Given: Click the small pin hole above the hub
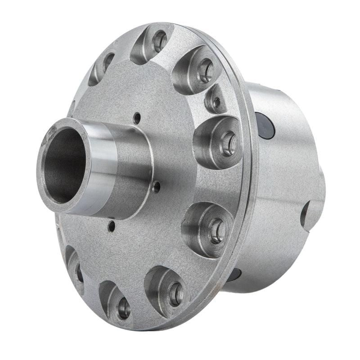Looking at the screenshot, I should pyautogui.click(x=137, y=118).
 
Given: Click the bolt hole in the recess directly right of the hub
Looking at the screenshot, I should pyautogui.click(x=228, y=143).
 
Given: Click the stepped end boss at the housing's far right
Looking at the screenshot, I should pyautogui.click(x=320, y=189).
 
